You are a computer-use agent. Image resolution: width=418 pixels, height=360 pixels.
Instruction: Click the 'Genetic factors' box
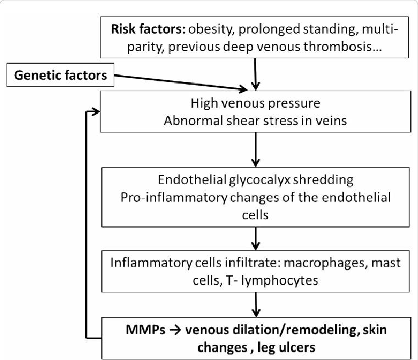(61, 75)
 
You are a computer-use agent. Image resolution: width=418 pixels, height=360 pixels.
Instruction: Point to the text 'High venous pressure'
(256, 103)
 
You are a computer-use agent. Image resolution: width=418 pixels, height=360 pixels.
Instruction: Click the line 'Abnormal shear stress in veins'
(256, 121)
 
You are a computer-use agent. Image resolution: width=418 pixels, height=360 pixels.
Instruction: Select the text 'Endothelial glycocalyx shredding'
(256, 180)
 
